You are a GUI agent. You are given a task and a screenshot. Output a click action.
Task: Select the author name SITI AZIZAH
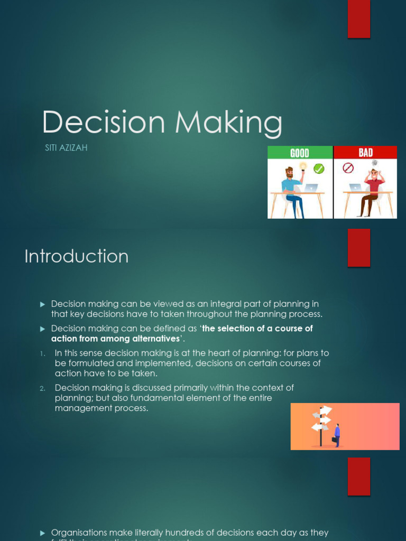coord(66,148)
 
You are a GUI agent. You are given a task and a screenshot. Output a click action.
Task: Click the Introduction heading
coord(77,256)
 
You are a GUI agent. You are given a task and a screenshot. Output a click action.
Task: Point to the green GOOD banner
coord(300,153)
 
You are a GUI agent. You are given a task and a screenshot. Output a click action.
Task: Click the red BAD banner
coord(365,153)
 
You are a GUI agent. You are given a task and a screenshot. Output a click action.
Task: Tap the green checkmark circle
coord(319,169)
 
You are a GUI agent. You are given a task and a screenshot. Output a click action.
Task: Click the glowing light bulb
coord(303,166)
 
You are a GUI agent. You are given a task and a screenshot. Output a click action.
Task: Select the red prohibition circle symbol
coord(348,168)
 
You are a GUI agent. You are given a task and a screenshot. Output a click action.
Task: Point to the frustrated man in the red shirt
coord(373,190)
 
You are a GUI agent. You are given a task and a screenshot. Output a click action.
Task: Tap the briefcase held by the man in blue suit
coord(334,439)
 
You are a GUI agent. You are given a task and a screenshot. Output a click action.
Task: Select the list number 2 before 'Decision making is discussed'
coord(43,388)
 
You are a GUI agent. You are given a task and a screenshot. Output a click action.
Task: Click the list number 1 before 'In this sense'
coord(43,353)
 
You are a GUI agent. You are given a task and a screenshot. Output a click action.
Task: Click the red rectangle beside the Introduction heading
coord(358,248)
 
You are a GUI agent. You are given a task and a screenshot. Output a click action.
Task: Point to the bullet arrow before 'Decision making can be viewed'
coord(43,304)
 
